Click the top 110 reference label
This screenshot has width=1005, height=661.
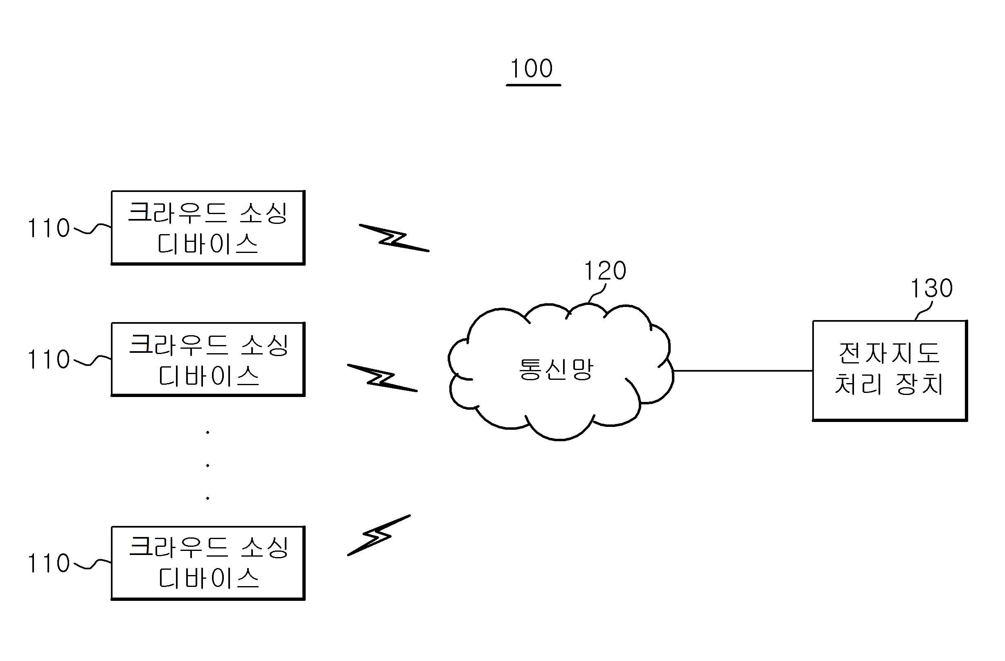[x=49, y=228]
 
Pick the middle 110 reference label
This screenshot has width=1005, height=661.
[x=49, y=359]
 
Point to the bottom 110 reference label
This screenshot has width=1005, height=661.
[x=49, y=564]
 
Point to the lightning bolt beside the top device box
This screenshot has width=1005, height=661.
[x=394, y=238]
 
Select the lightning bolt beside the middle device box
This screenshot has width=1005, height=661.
[x=382, y=378]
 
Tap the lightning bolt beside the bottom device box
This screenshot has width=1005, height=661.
[x=379, y=535]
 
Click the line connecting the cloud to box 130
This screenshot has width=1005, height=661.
[x=743, y=371]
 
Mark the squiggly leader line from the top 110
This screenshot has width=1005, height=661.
[x=93, y=228]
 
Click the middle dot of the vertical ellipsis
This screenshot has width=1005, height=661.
[x=208, y=465]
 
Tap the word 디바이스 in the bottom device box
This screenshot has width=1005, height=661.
[x=209, y=578]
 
